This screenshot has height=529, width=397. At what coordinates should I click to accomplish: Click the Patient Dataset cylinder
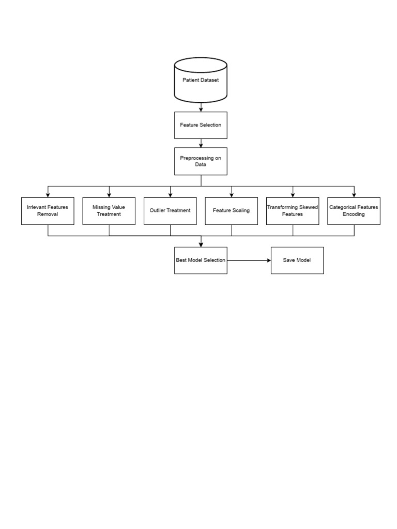click(201, 80)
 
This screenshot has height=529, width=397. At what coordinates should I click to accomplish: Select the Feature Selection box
click(201, 125)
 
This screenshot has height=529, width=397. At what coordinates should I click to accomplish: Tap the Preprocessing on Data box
click(201, 161)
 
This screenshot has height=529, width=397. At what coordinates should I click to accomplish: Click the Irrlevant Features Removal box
click(48, 211)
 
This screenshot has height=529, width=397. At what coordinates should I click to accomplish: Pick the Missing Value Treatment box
click(109, 211)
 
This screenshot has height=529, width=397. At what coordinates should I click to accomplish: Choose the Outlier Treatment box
click(170, 211)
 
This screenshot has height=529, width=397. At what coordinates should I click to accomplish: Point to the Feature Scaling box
click(231, 211)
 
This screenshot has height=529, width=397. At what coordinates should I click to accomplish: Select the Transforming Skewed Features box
click(293, 211)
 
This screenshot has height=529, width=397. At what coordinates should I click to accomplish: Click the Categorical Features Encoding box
click(354, 211)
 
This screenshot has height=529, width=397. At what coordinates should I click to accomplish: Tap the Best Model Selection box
click(201, 260)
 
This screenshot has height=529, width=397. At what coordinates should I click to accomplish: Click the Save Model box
click(297, 260)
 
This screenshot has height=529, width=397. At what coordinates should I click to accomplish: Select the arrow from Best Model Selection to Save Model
click(249, 260)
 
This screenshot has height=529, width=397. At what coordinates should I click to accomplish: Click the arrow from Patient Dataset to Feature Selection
click(201, 107)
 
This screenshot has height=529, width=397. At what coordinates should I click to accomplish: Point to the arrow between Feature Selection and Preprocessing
click(201, 143)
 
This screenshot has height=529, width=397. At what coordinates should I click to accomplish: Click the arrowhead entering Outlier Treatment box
click(170, 195)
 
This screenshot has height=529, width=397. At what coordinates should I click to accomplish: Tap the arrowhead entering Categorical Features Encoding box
click(354, 195)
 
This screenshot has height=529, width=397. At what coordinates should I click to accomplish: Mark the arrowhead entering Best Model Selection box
click(201, 244)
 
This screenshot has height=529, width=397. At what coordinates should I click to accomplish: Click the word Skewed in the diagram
click(309, 207)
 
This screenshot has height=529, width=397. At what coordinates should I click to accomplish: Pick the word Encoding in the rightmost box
click(354, 214)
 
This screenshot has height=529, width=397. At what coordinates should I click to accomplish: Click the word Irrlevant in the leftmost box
click(36, 207)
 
